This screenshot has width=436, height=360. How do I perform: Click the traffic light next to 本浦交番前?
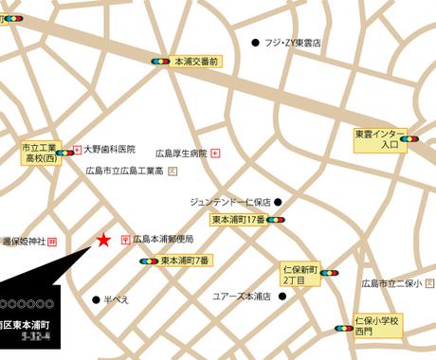click(160, 61)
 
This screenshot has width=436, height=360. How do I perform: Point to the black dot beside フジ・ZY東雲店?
click(255, 43)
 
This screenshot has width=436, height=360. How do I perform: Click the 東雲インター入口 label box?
click(375, 140)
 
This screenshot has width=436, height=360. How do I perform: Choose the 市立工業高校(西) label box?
click(41, 153)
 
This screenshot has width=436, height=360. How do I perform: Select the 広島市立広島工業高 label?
click(125, 171)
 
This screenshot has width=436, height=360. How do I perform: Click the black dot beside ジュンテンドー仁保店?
click(278, 202)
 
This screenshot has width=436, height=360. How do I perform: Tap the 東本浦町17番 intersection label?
click(238, 220)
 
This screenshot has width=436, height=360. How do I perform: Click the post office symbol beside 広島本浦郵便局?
click(126, 240)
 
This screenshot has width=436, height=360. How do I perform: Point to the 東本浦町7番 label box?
click(185, 261)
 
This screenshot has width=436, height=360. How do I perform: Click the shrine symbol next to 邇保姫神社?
click(52, 242)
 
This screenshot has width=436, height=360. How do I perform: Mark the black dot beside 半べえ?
click(95, 299)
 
